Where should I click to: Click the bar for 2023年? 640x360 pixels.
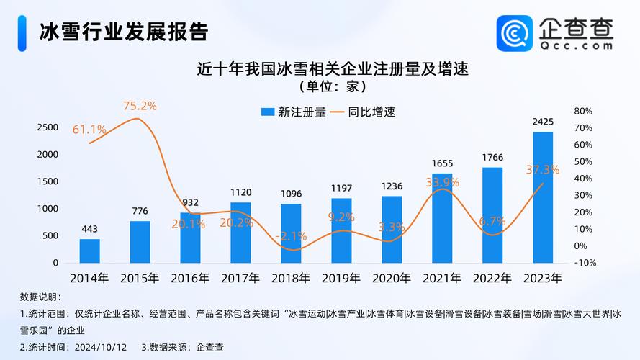[x=543, y=197]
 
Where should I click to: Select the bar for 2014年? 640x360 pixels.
[x=90, y=251]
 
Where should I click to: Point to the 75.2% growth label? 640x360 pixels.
[x=140, y=106]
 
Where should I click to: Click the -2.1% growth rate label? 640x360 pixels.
[x=291, y=235]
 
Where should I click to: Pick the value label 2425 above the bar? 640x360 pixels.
[x=543, y=122]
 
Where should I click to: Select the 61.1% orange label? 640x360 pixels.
[x=89, y=130]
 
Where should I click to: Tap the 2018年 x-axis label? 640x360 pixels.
[x=291, y=277]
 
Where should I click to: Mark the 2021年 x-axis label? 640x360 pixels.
[x=442, y=277]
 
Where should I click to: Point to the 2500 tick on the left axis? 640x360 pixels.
[x=47, y=127]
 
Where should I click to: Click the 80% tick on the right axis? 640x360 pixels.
[x=583, y=112]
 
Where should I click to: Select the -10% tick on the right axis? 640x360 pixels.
[x=585, y=263]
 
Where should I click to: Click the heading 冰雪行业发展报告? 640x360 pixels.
[x=123, y=32]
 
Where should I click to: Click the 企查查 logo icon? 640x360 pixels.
[x=515, y=32]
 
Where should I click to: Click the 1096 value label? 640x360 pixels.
[x=291, y=194]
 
